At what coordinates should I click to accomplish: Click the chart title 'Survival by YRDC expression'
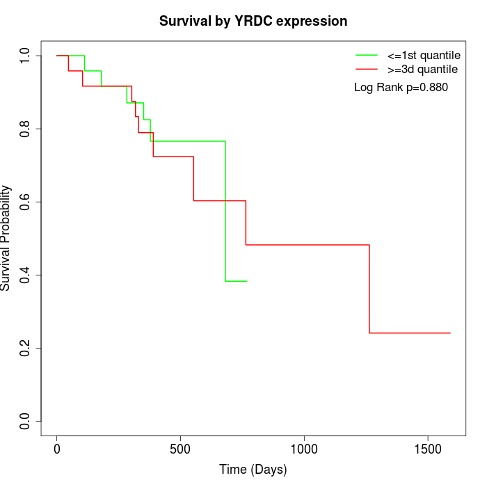tap(253, 21)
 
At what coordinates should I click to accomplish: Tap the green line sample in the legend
tap(367, 55)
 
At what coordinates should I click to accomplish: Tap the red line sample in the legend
tap(367, 70)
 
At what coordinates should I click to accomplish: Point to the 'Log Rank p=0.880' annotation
tap(401, 88)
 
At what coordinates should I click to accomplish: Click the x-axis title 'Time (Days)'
tap(253, 470)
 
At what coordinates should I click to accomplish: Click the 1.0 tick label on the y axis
tap(25, 56)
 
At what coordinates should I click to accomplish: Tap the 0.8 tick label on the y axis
tap(25, 129)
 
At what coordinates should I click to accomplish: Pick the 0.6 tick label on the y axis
tap(25, 202)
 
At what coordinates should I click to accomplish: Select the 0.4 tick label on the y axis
tap(25, 275)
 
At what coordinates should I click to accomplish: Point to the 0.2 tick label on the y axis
tap(25, 348)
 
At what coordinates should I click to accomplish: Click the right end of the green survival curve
tap(247, 281)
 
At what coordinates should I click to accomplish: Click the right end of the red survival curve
tap(450, 333)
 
